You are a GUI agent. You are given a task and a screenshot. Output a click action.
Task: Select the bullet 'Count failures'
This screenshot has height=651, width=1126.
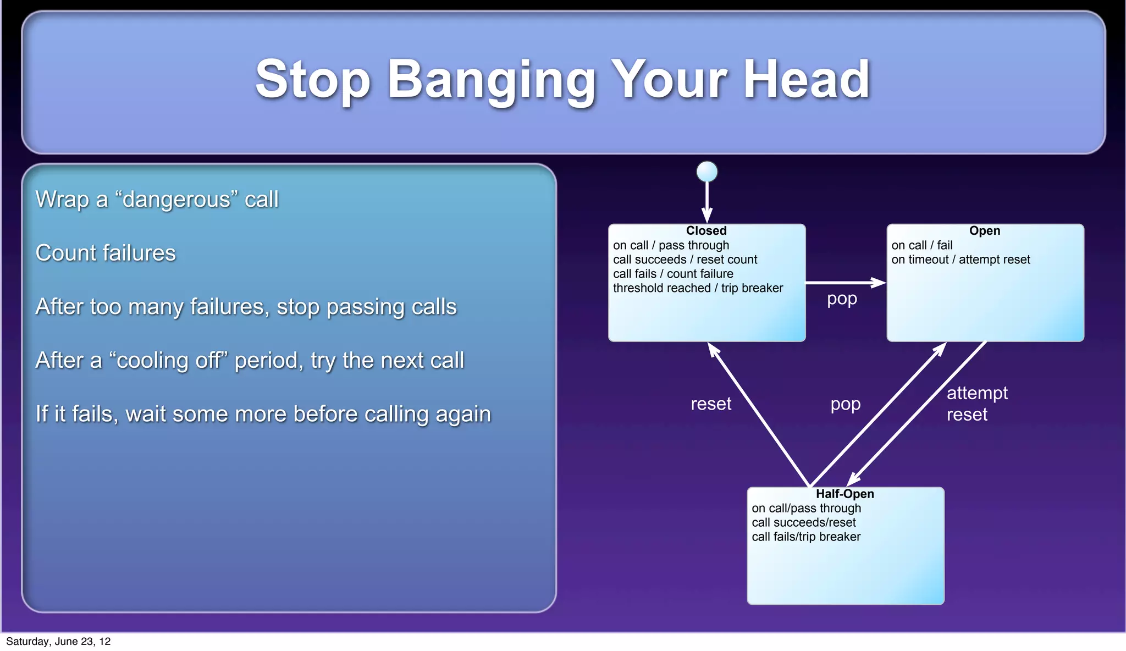point(106,253)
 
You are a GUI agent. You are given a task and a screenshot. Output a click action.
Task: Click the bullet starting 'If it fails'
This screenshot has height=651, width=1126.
point(263,414)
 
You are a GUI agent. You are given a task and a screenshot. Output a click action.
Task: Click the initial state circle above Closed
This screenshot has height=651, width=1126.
point(706,172)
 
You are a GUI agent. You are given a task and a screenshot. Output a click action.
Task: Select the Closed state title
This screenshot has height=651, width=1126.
point(706,231)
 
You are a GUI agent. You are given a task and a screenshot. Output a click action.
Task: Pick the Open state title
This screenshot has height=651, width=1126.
point(984,231)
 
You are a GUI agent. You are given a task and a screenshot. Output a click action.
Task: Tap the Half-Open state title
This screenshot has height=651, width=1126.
point(844,494)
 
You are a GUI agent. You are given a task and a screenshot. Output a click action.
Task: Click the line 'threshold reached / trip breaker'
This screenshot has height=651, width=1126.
point(698,288)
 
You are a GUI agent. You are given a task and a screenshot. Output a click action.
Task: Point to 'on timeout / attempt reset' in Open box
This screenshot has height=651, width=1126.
point(961,260)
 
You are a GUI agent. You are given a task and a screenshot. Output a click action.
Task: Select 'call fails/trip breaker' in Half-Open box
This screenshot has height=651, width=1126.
point(806,537)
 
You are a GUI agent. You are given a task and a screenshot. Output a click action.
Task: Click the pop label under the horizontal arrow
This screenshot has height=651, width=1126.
point(842,299)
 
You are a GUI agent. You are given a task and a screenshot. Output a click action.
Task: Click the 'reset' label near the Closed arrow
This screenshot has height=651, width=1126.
point(711,404)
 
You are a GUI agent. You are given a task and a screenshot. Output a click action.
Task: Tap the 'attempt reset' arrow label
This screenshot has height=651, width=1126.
point(976,404)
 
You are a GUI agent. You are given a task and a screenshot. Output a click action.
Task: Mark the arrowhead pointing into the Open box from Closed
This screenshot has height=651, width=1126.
point(879,283)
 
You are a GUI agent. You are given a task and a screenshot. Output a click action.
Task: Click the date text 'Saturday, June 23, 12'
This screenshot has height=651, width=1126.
point(58,641)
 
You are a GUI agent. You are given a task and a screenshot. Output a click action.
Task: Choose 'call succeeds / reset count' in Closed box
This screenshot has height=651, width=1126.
point(685,260)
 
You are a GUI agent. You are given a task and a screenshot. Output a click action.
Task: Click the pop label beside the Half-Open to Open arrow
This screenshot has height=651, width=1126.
point(845,404)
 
